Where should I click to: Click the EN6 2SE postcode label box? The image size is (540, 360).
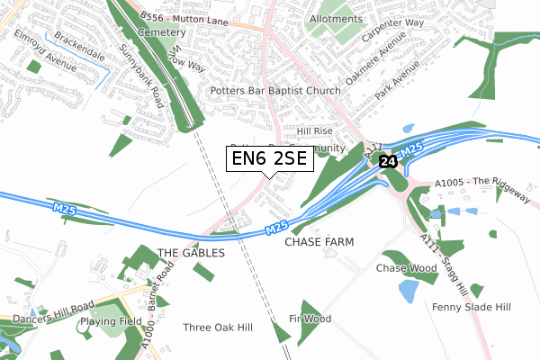[x=268, y=158]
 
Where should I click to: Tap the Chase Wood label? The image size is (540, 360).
[x=405, y=268]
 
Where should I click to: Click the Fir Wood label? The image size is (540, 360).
[x=310, y=319]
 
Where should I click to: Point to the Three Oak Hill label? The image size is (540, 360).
[x=218, y=328]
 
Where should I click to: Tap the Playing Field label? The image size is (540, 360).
[x=110, y=321]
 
